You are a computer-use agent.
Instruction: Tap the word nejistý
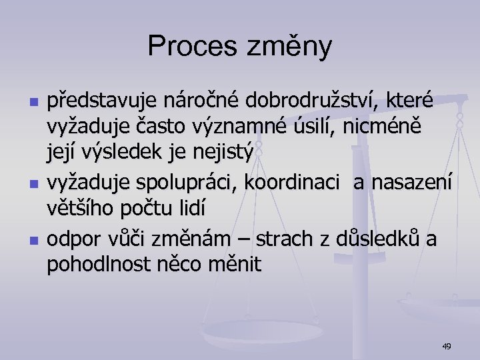[x=221, y=153]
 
